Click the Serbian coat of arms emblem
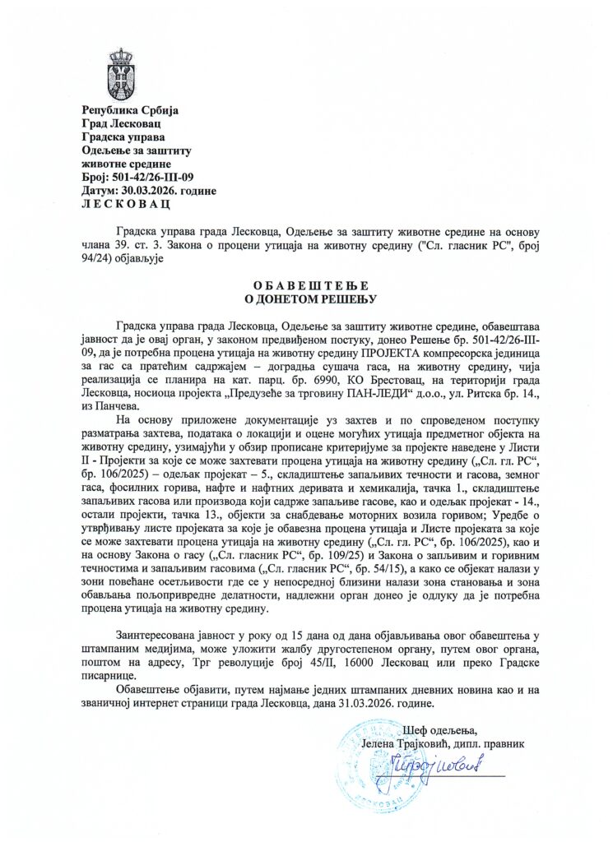(x=120, y=75)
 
